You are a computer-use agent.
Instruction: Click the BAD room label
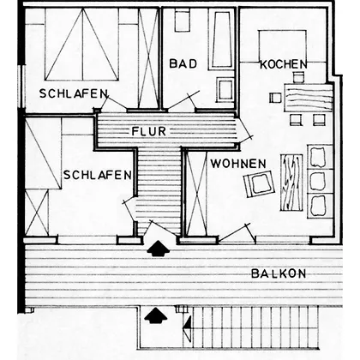183,63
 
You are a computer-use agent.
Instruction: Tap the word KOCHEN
284,64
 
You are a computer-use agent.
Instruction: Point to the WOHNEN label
238,164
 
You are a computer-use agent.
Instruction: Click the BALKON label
279,273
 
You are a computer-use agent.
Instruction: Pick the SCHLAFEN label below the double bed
74,93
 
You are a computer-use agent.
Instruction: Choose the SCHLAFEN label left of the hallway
98,175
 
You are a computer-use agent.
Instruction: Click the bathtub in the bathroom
222,39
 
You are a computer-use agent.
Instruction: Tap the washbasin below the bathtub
225,89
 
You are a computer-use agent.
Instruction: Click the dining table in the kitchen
309,98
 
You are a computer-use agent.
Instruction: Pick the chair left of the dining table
275,98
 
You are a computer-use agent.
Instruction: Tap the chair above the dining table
298,77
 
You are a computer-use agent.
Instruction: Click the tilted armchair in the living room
260,183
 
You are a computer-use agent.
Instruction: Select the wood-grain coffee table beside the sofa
291,183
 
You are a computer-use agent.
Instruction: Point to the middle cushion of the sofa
318,182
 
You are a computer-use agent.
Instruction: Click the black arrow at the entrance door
158,248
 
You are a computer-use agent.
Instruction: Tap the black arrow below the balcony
155,315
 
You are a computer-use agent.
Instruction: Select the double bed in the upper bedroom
82,45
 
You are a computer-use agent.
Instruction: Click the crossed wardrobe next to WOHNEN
196,193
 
